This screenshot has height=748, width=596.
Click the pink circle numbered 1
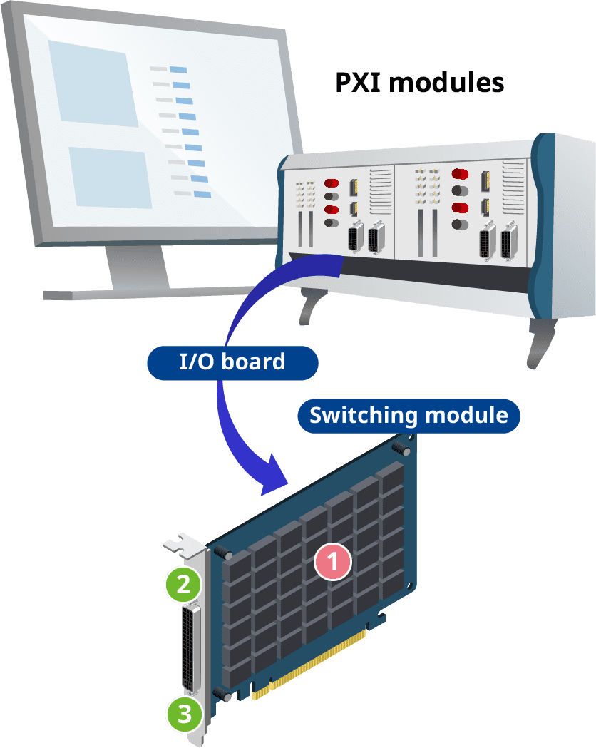click(333, 561)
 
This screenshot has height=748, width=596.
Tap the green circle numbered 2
click(183, 585)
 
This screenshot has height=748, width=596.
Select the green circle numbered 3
click(185, 714)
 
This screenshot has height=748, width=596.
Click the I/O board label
click(232, 362)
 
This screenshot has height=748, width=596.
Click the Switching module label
click(409, 415)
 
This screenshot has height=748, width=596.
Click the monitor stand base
click(135, 292)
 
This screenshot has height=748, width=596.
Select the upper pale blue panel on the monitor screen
click(93, 82)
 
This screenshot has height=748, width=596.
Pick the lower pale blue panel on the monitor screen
click(111, 177)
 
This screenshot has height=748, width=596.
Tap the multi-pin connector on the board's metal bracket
click(192, 649)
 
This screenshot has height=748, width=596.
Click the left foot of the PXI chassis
click(309, 307)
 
